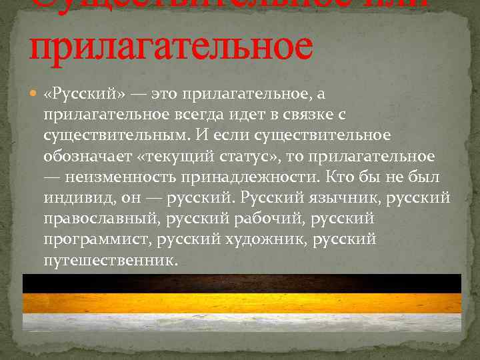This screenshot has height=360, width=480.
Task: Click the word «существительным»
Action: (116, 136)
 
